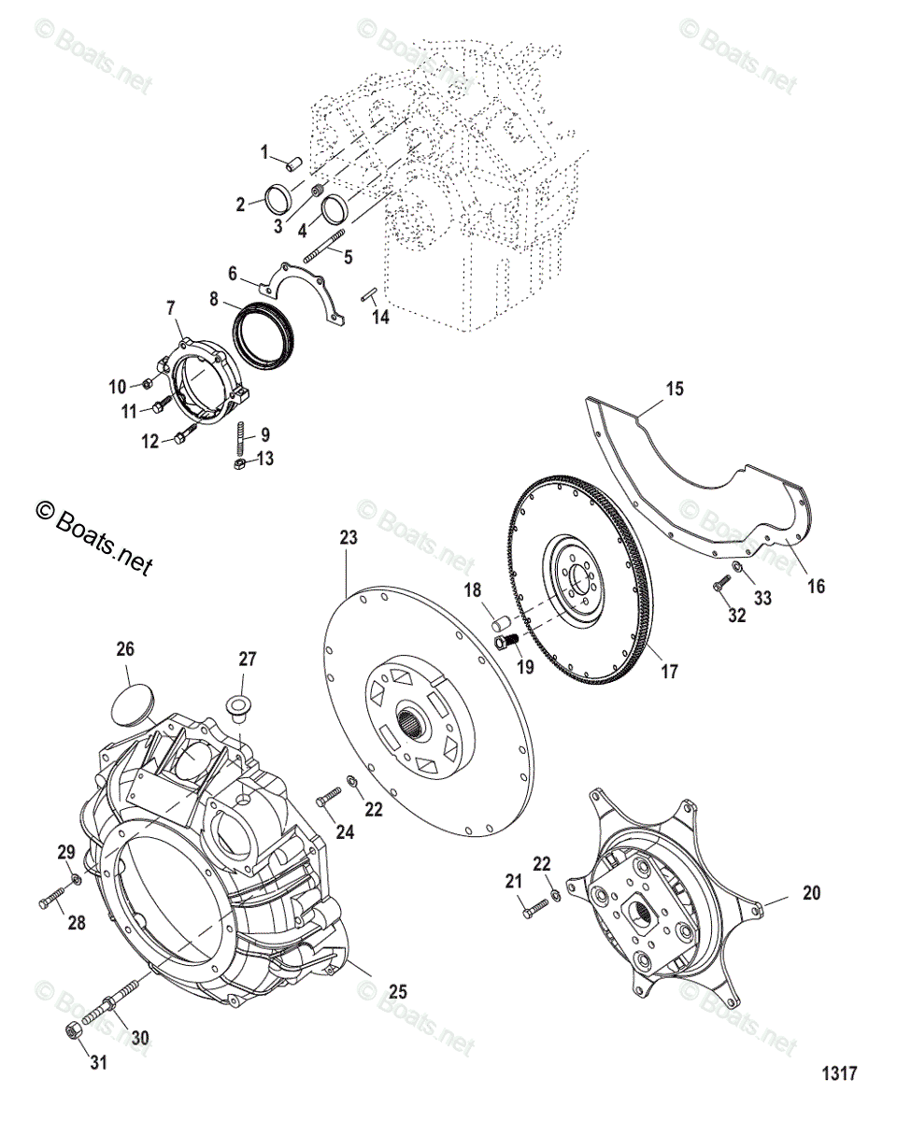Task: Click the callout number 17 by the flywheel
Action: click(668, 672)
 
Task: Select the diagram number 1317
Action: click(839, 1073)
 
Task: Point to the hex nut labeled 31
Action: click(73, 1031)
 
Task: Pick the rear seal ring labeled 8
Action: click(265, 333)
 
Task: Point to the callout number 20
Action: click(812, 893)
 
